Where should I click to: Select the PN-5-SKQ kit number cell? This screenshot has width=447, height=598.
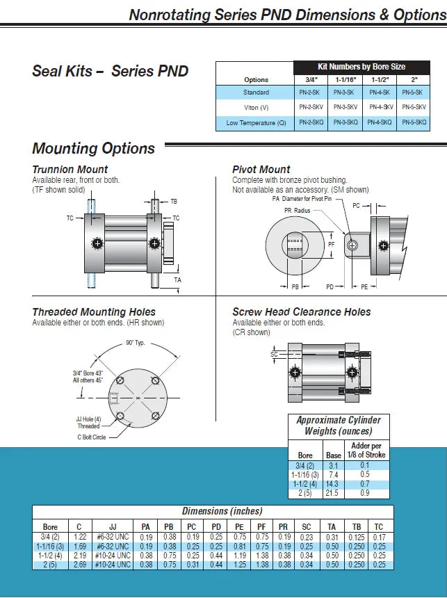tap(414, 122)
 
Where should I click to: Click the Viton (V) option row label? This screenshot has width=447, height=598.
tap(256, 107)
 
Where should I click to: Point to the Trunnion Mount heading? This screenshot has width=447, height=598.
tap(70, 169)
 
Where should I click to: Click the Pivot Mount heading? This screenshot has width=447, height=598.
tap(261, 169)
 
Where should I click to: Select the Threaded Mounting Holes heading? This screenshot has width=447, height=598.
tap(94, 312)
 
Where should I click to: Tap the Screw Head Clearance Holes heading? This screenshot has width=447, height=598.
tap(302, 312)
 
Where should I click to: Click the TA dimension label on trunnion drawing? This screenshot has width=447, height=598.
tap(177, 280)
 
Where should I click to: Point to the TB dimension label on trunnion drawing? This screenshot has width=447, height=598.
tap(174, 201)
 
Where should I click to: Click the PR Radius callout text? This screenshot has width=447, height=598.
tap(298, 209)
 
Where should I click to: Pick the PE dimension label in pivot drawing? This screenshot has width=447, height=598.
tap(364, 286)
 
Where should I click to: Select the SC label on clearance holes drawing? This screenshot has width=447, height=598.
tap(274, 355)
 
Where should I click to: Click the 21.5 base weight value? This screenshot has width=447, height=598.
tap(334, 493)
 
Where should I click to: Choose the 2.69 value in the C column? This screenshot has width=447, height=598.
tap(80, 564)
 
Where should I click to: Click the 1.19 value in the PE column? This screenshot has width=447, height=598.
tap(240, 555)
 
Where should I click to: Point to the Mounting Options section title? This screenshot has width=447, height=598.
tap(94, 148)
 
